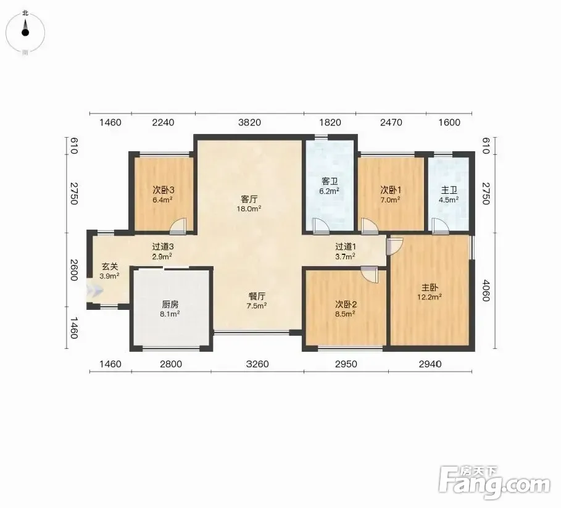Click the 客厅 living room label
coord(249,199)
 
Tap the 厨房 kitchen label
coord(170,304)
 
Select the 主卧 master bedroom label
coord(430,287)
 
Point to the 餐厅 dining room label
coord(257,296)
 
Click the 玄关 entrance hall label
coord(110,267)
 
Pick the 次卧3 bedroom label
coord(163,190)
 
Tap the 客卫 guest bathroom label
coord(329,181)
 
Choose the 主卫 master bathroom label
coord(449,190)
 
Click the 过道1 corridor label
coord(345,246)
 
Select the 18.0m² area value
coord(249,209)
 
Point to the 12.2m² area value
coord(430,297)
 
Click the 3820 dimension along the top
coord(249,122)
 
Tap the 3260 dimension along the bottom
coord(257,364)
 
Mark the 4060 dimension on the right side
coord(486,291)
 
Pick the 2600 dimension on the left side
coord(74,270)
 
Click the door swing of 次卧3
coord(178,226)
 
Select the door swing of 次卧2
coord(369,275)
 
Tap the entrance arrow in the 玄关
coord(95,291)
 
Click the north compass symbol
coord(25,32)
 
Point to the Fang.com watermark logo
coord(494,483)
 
